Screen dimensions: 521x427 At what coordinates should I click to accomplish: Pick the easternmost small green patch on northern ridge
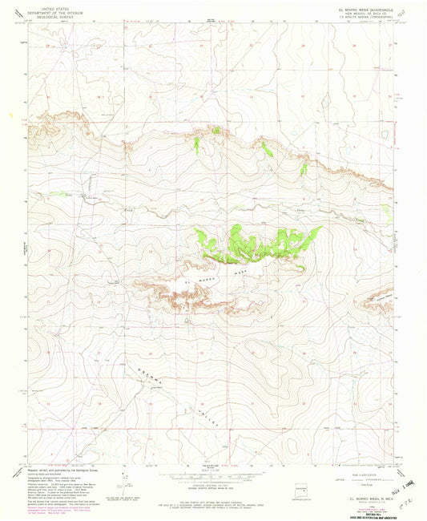point(304,169)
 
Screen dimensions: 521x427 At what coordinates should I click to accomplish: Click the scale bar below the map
point(213,474)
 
